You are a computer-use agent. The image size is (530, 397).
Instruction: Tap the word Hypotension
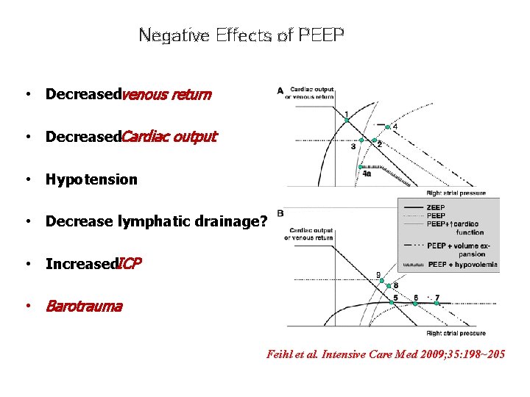tap(91, 179)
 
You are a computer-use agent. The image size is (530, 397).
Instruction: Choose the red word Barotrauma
tap(84, 306)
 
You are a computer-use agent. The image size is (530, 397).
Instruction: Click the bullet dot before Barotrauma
tap(27, 307)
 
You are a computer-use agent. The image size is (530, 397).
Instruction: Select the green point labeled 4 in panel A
tap(387, 126)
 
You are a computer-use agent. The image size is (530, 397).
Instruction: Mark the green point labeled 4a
tap(360, 167)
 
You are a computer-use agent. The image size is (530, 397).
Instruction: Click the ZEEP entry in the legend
tap(435, 207)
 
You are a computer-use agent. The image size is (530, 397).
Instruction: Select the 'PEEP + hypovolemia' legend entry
tap(462, 264)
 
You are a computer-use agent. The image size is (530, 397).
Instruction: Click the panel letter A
tap(280, 90)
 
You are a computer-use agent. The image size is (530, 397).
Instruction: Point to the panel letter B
tap(280, 213)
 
